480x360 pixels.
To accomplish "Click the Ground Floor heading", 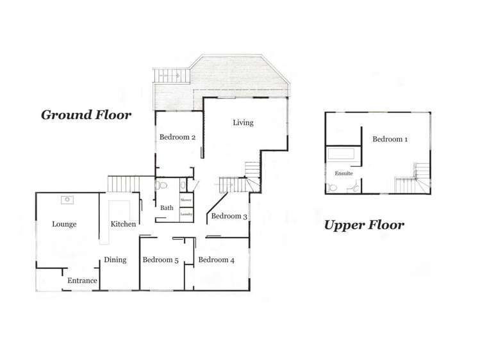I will [x=86, y=115].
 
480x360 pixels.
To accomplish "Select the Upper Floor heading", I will [x=363, y=225].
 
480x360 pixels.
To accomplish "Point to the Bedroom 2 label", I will [x=178, y=136].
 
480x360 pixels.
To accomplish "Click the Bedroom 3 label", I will [x=229, y=216].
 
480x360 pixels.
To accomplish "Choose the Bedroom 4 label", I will [x=216, y=259].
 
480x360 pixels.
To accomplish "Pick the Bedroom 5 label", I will [x=160, y=259].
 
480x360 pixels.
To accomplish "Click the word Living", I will [x=243, y=122].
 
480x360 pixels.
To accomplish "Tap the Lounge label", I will [x=64, y=224].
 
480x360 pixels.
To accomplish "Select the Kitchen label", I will [x=123, y=224].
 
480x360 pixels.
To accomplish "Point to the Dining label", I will [x=115, y=259].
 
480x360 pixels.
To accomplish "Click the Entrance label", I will [x=83, y=281].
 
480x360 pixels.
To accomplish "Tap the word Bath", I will [x=167, y=208].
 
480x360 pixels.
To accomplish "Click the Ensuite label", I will [x=343, y=174].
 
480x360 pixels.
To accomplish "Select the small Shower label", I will [x=186, y=200].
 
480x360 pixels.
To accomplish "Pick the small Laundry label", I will [x=186, y=213].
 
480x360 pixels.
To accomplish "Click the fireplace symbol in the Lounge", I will [x=67, y=200].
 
